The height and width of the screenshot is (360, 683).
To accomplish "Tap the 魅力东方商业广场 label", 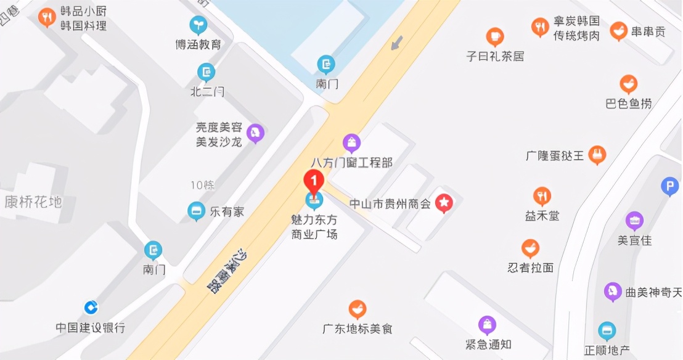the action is pos(314,226).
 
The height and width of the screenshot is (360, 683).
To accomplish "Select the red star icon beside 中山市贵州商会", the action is pos(444,202).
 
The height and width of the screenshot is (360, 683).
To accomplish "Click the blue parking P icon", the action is pos(669,186).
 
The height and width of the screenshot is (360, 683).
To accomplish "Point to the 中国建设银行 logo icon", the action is pos(91,306).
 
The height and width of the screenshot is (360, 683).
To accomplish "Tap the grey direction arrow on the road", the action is pos(398,43).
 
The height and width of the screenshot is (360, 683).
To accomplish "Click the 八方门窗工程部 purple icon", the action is pos(351,143).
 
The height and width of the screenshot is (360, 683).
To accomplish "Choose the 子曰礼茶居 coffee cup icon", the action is pos(494,36).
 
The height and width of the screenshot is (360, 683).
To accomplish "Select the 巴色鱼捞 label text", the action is pos(628,104).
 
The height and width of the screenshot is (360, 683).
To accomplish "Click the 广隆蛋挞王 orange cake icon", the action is pos(597,154).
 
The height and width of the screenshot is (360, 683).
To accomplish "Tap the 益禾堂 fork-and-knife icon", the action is pos(542,196).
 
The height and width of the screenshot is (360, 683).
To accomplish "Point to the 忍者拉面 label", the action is pos(530,268).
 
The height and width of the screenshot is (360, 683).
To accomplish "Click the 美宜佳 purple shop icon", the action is pos(634,220).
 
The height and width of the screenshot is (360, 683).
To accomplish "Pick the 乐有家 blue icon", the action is pos(197,211).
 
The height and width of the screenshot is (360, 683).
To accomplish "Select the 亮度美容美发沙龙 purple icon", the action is pos(255,132).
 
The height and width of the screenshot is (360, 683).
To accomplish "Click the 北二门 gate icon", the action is pos(207,73).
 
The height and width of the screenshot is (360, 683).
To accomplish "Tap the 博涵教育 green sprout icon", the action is pos(198,25).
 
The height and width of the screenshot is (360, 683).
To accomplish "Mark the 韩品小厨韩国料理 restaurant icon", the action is pos(47,17).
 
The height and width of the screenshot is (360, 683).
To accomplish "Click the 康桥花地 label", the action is pos(33,201).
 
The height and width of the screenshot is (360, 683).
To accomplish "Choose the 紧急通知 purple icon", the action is pos(487,324).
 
